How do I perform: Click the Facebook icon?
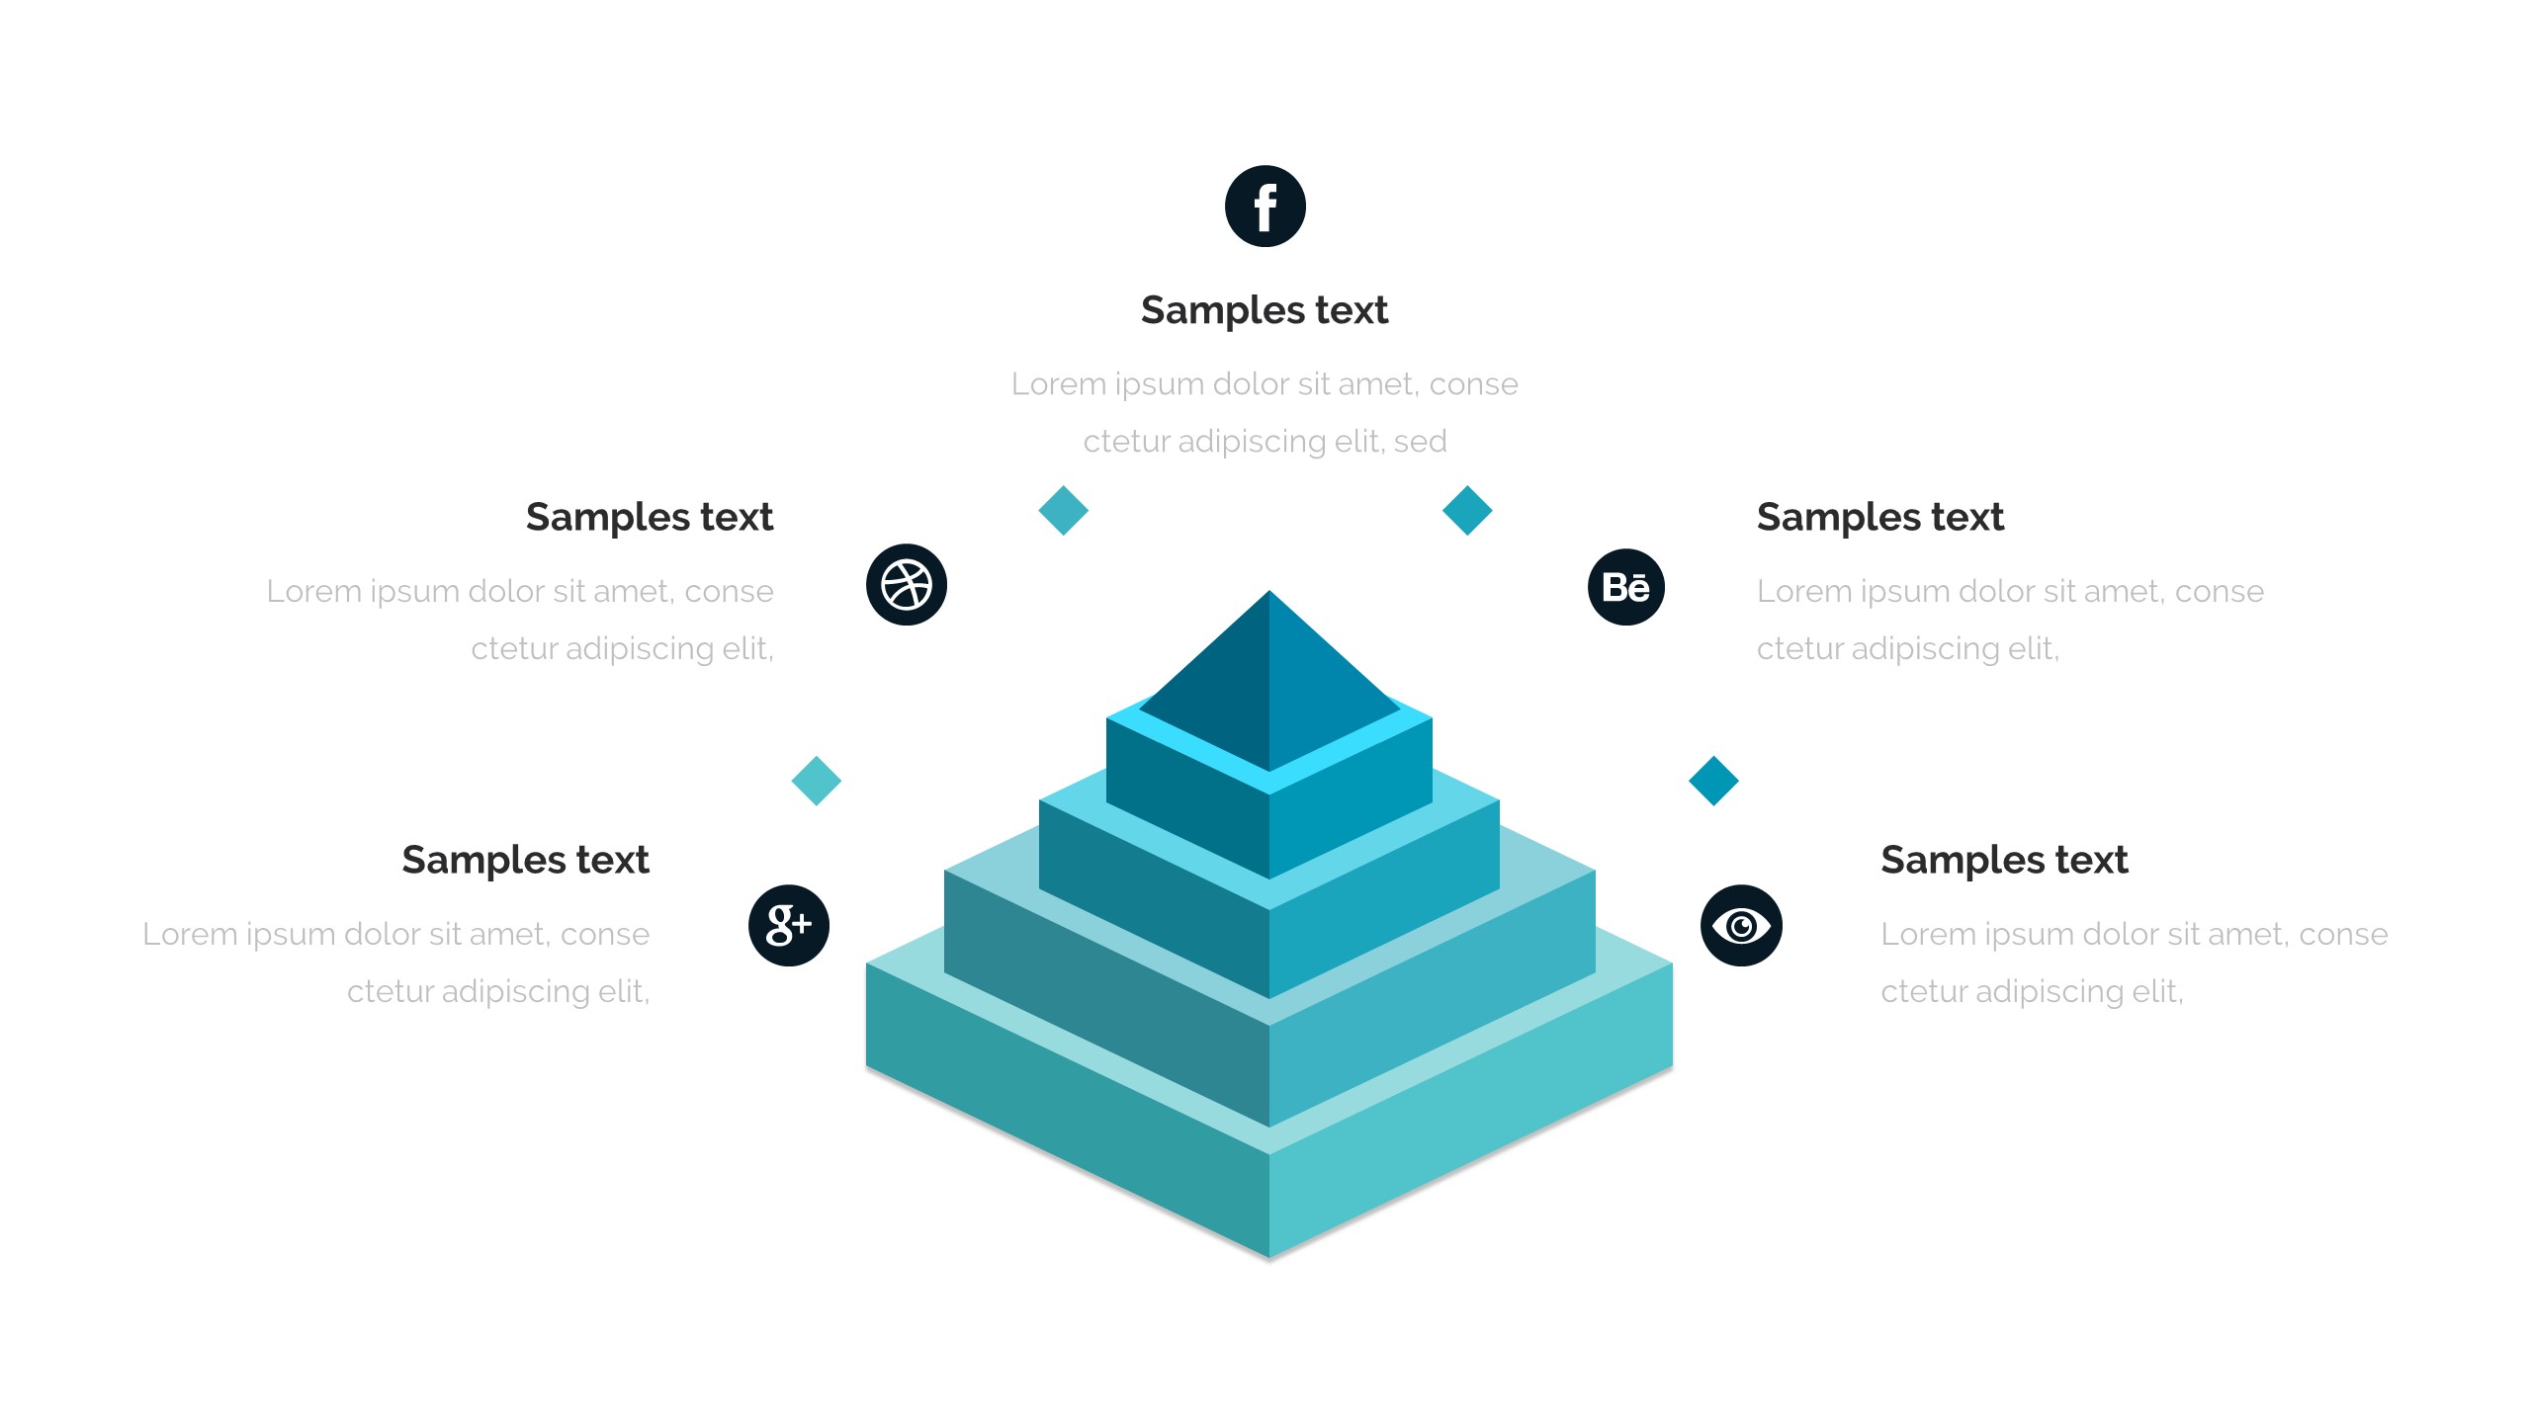coord(1265,207)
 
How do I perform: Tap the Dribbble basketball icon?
coord(907,585)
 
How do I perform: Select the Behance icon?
coord(1626,587)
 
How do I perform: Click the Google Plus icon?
coord(789,925)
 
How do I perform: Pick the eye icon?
coord(1741,925)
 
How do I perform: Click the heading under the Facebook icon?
coord(1265,310)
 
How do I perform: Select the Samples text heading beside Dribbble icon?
coord(650,517)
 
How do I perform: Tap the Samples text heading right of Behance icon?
coord(1879,517)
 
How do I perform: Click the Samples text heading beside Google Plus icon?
coord(525,860)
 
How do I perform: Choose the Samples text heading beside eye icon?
coord(2004,860)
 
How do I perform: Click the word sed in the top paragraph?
coord(1420,442)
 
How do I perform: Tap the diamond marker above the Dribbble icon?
coord(1064,511)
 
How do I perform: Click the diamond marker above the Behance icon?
coord(1467,511)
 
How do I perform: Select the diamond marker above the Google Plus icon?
coord(817,781)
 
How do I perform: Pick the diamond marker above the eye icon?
coord(1713,781)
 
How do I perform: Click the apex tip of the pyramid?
coord(1269,594)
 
